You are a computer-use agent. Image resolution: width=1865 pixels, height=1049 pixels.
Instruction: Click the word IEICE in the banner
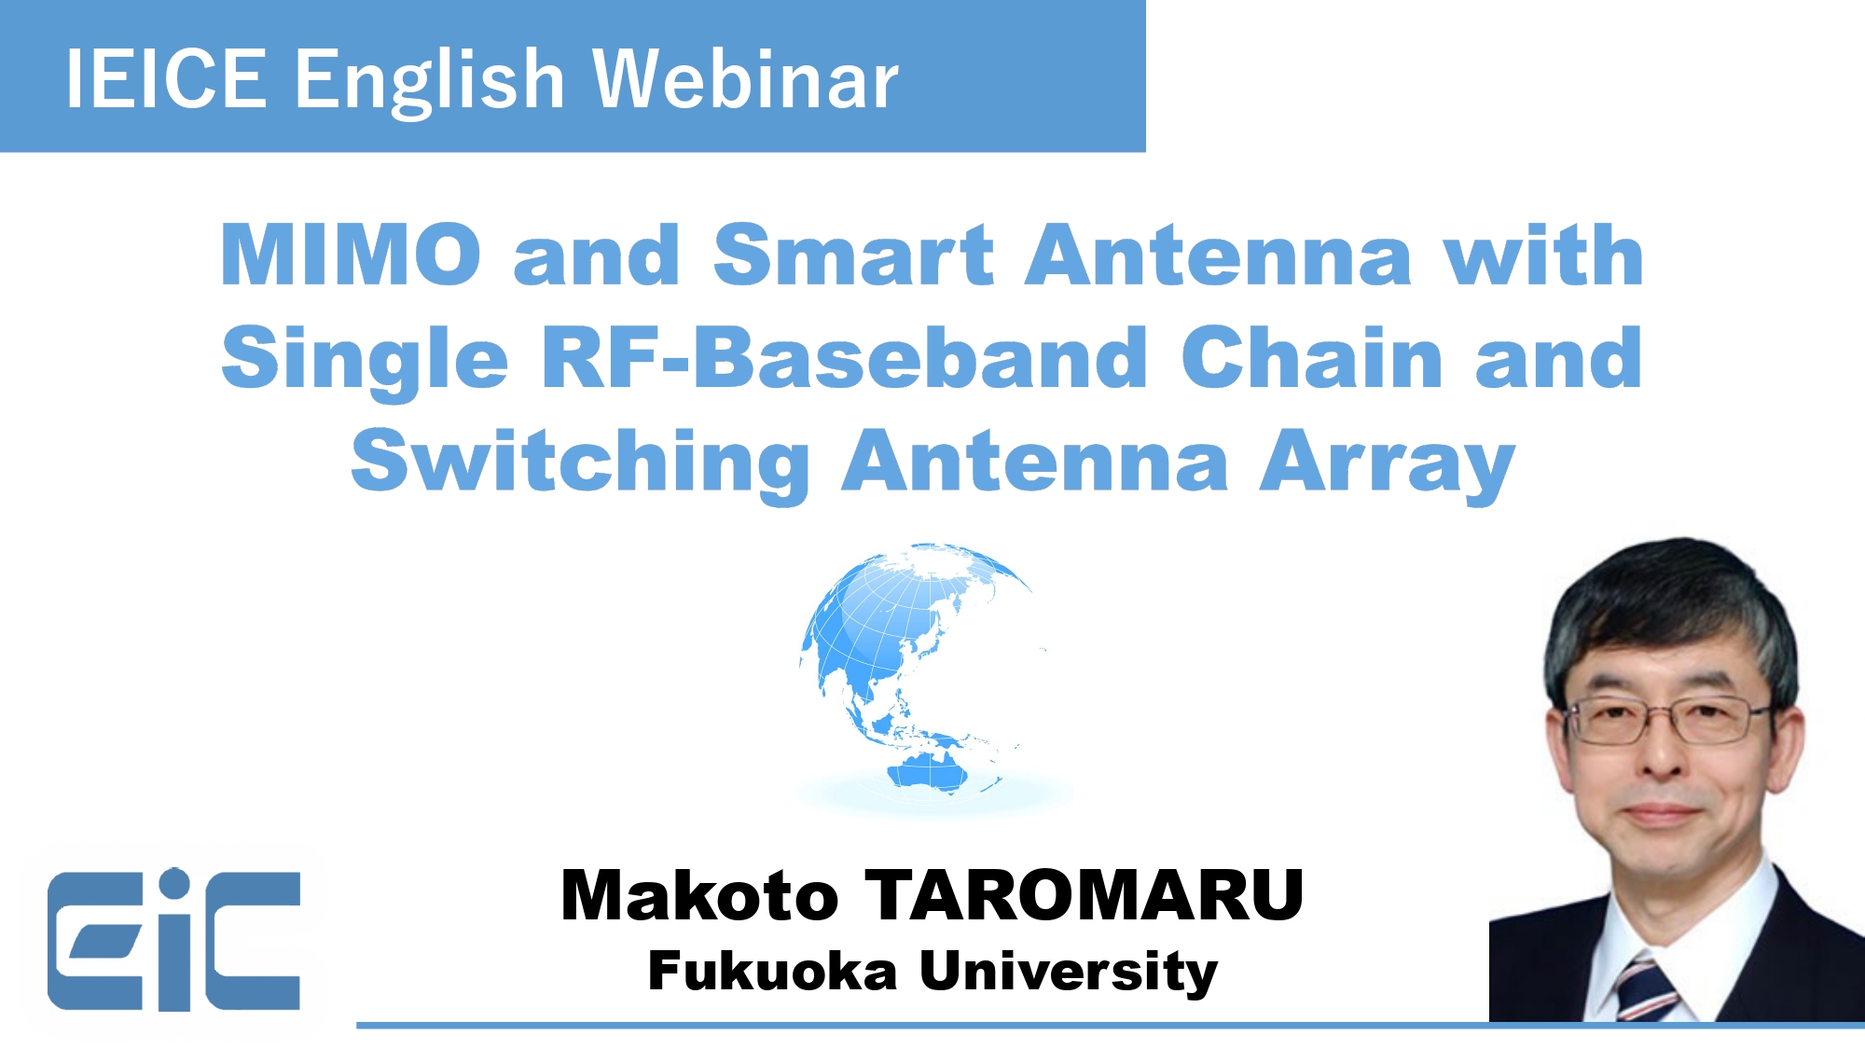pyautogui.click(x=166, y=79)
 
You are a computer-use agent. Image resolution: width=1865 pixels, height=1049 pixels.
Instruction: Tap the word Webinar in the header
pyautogui.click(x=745, y=79)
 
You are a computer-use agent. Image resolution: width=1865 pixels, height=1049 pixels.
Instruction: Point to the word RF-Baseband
pyautogui.click(x=844, y=358)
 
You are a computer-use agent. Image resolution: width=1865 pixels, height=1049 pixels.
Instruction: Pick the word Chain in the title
pyautogui.click(x=1312, y=358)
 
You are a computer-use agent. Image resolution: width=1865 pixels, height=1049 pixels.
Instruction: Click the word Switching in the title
pyautogui.click(x=580, y=461)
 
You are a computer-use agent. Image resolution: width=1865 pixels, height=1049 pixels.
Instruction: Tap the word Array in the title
pyautogui.click(x=1387, y=462)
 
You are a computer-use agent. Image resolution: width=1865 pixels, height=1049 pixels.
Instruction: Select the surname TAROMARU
pyautogui.click(x=1084, y=895)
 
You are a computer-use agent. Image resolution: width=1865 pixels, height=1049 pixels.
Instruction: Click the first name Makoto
pyautogui.click(x=699, y=895)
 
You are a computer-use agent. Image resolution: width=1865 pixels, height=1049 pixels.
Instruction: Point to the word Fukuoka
pyautogui.click(x=772, y=971)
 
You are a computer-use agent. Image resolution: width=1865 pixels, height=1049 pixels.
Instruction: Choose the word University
pyautogui.click(x=1069, y=973)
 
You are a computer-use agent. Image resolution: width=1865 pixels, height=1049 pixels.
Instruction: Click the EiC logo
pyautogui.click(x=174, y=940)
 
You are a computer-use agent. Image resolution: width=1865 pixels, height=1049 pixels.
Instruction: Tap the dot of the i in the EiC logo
pyautogui.click(x=173, y=883)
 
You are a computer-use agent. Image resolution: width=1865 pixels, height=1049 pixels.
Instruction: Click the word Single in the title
pyautogui.click(x=365, y=360)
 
